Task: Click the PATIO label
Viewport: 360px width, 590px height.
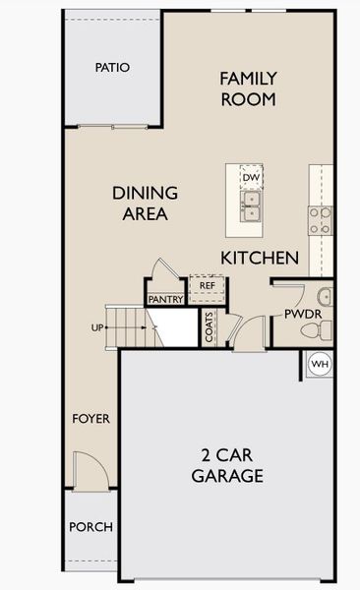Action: click(x=112, y=68)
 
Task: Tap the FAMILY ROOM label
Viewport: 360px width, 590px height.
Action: click(x=248, y=88)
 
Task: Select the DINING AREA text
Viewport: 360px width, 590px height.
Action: click(x=145, y=203)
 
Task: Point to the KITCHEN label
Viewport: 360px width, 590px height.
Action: click(x=260, y=258)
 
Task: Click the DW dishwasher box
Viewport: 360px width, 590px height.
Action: click(x=251, y=177)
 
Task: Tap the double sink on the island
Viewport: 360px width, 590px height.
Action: click(x=251, y=205)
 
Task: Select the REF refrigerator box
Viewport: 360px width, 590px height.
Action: click(x=208, y=285)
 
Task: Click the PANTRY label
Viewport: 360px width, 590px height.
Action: click(x=165, y=299)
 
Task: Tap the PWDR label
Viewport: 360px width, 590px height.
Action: click(x=297, y=315)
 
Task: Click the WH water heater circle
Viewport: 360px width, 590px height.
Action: click(x=320, y=364)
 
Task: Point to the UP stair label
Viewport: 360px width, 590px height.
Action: click(x=98, y=327)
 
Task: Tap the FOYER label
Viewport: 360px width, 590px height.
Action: click(x=91, y=419)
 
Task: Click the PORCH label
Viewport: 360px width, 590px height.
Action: click(x=90, y=527)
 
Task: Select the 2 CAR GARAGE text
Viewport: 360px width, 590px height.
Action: click(x=226, y=466)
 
